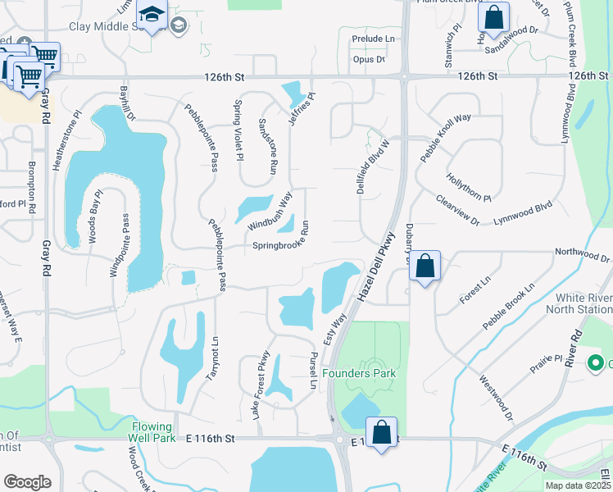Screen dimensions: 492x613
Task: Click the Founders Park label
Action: click(x=358, y=373)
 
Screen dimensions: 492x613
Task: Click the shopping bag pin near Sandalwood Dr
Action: click(x=494, y=17)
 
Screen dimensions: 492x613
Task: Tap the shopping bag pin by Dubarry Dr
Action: click(x=425, y=266)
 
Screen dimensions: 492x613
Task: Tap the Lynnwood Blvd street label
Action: click(x=523, y=214)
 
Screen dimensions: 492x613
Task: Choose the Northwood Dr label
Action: click(x=583, y=254)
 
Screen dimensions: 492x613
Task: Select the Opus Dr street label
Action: click(x=368, y=60)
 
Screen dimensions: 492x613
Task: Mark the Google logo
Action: click(x=28, y=482)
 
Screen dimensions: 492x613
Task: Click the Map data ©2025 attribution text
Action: click(x=578, y=485)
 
